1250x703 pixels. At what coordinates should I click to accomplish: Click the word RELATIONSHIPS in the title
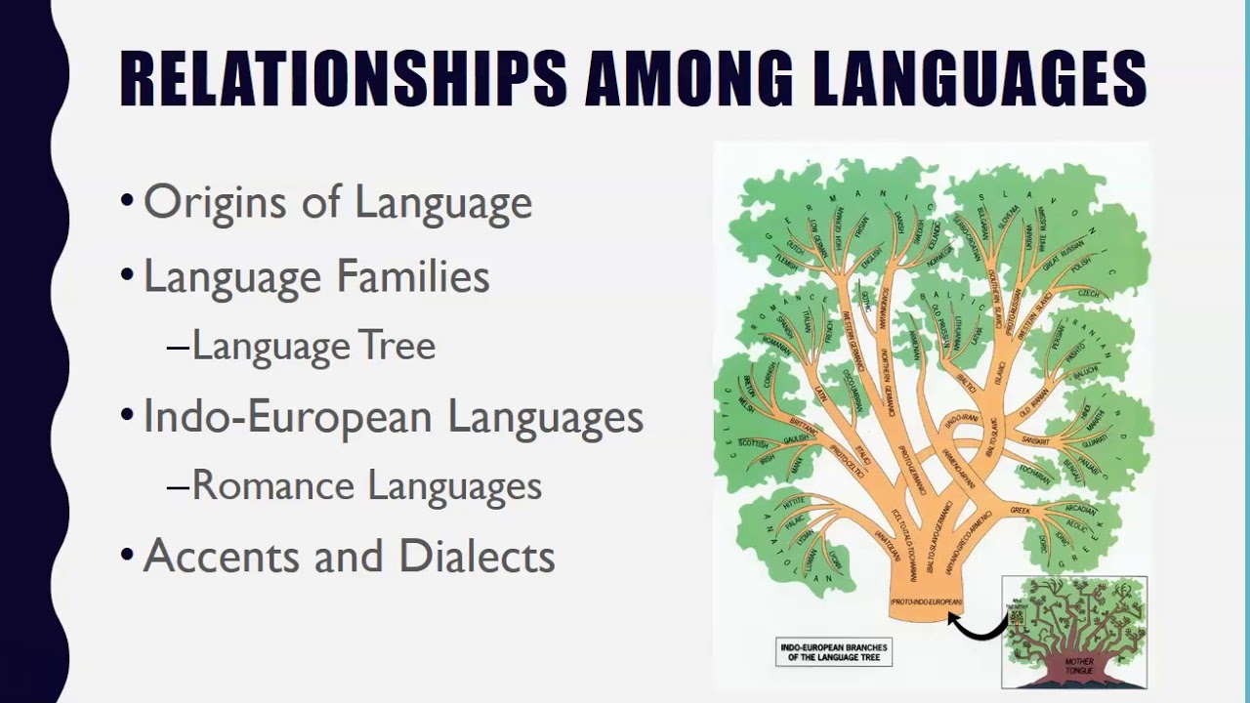(x=343, y=78)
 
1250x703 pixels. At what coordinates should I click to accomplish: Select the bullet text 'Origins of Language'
(x=337, y=202)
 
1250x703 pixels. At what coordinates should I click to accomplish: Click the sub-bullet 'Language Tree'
(x=312, y=346)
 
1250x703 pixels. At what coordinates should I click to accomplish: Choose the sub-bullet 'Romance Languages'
(x=366, y=485)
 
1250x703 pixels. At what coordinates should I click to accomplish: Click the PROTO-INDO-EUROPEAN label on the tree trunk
(x=926, y=602)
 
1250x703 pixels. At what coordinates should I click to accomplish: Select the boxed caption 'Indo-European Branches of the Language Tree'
(x=833, y=651)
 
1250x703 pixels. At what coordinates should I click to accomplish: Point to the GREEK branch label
(x=1020, y=511)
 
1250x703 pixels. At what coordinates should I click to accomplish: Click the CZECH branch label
(x=1088, y=295)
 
